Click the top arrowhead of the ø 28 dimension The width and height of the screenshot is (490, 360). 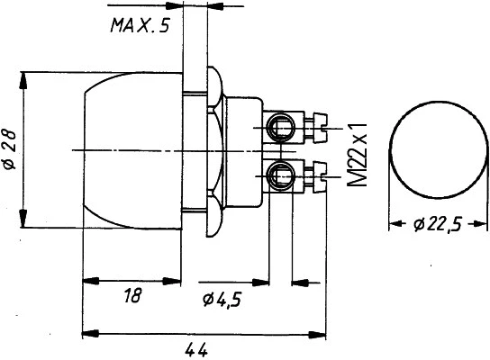point(26,76)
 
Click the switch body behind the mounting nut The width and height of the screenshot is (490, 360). point(241,149)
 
